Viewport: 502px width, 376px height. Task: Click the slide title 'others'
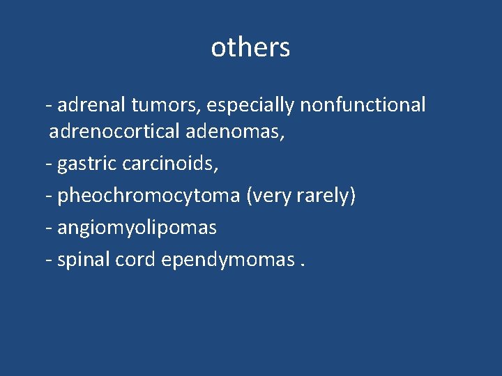click(x=250, y=47)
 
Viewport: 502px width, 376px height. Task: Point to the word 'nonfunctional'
click(x=363, y=104)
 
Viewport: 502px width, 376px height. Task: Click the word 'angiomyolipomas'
click(x=137, y=228)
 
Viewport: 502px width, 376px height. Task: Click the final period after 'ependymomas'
click(x=304, y=265)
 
